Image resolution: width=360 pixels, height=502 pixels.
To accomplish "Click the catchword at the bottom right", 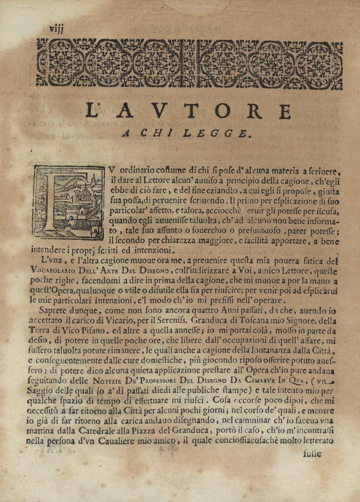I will (x=312, y=454).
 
